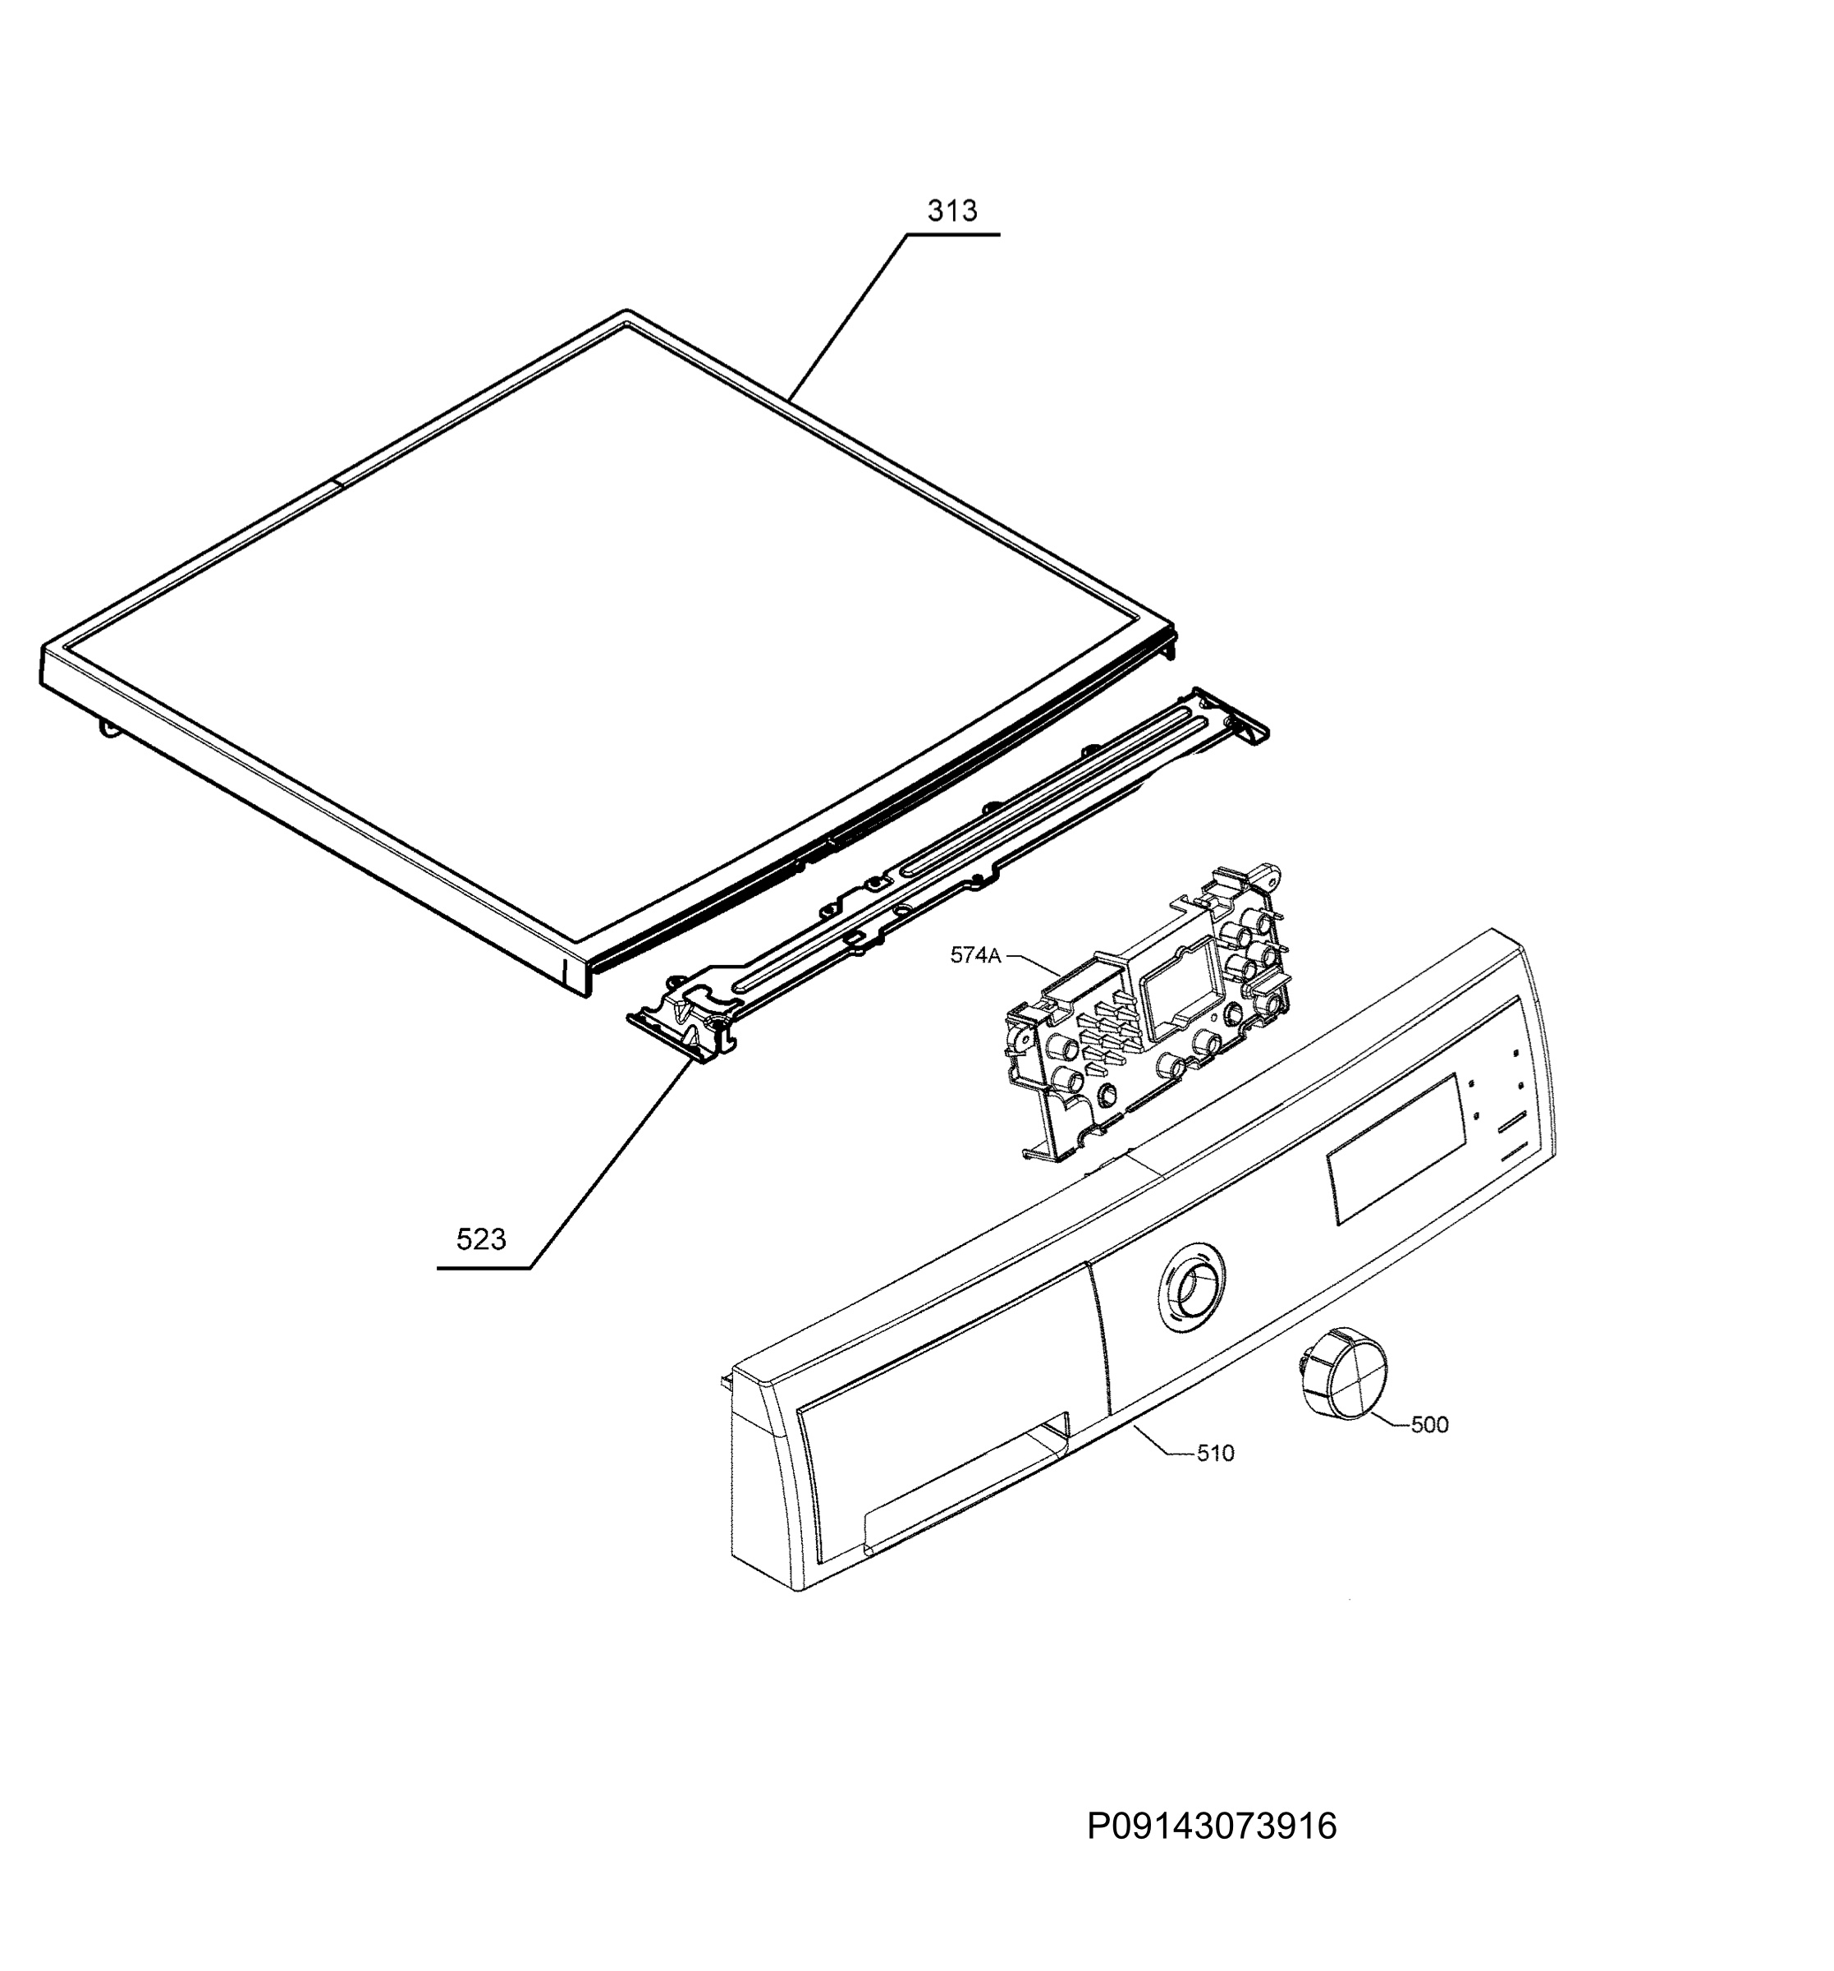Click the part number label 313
951,210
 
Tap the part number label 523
481,1238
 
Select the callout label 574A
975,955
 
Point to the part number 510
1215,1454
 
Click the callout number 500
1428,1425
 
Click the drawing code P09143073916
1212,1826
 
